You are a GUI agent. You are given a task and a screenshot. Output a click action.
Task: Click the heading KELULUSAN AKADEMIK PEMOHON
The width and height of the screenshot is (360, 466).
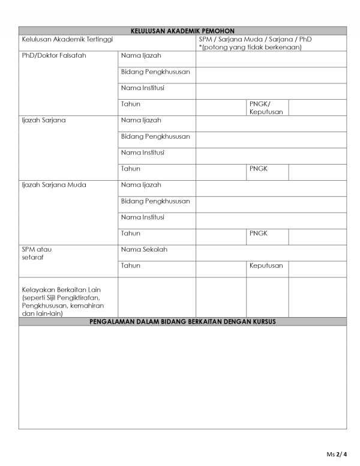[182, 31]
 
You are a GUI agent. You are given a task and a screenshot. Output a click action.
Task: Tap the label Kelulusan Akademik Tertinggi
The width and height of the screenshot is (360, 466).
[67, 39]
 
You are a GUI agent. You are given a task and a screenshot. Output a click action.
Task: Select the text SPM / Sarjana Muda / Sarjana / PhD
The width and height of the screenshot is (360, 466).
[255, 39]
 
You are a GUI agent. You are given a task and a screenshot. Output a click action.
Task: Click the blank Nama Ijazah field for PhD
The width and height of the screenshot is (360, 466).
[271, 59]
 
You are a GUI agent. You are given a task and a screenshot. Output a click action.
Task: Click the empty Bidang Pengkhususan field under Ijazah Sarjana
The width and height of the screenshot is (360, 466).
[271, 140]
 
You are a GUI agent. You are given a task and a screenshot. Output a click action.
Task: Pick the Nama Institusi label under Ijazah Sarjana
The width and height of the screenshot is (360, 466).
[143, 153]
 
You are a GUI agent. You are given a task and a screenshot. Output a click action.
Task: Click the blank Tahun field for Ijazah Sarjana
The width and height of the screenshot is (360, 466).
[220, 172]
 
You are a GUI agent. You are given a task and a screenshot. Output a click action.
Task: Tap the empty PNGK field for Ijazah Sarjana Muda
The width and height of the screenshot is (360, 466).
[317, 237]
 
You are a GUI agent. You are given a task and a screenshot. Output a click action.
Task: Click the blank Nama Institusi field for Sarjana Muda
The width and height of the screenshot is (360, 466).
[271, 220]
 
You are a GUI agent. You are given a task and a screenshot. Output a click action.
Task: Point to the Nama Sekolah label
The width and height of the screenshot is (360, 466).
[144, 249]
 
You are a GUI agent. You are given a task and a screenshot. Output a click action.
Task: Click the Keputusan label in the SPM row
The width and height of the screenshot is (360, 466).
[266, 265]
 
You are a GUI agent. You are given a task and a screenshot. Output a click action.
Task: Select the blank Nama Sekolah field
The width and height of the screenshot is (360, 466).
[271, 253]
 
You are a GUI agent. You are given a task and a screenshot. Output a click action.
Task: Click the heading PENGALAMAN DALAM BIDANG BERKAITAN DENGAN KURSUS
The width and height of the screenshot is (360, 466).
[182, 322]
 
